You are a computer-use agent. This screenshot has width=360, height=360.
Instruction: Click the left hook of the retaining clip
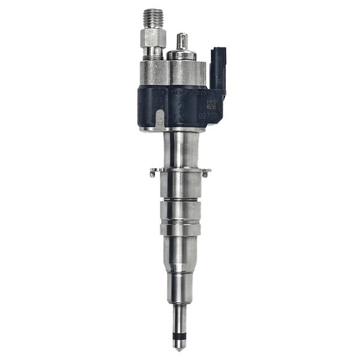[x=153, y=174]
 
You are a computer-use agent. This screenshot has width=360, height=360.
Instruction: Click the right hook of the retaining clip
[x=206, y=174]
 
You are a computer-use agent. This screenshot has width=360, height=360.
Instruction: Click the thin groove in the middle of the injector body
[x=179, y=201]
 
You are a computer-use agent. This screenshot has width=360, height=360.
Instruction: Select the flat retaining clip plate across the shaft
[x=179, y=172]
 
